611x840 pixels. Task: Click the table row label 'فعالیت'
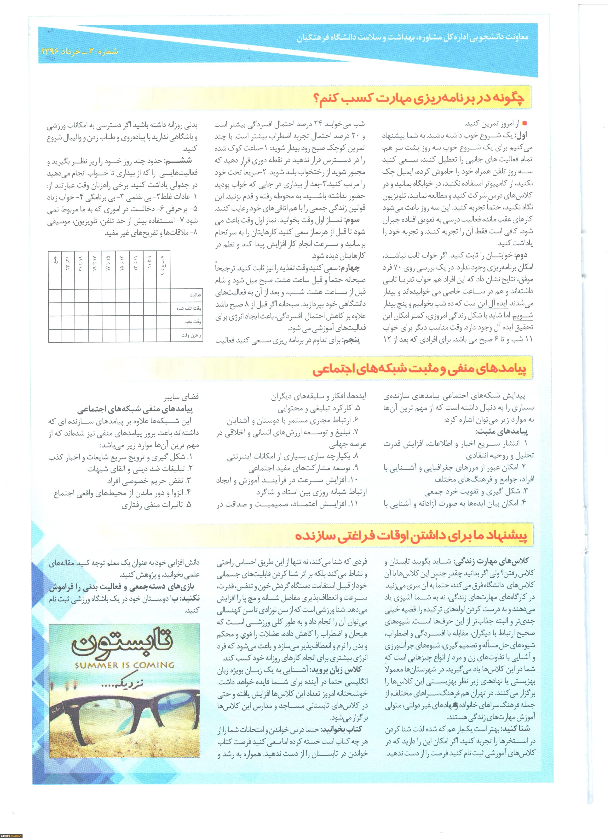[x=195, y=295]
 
